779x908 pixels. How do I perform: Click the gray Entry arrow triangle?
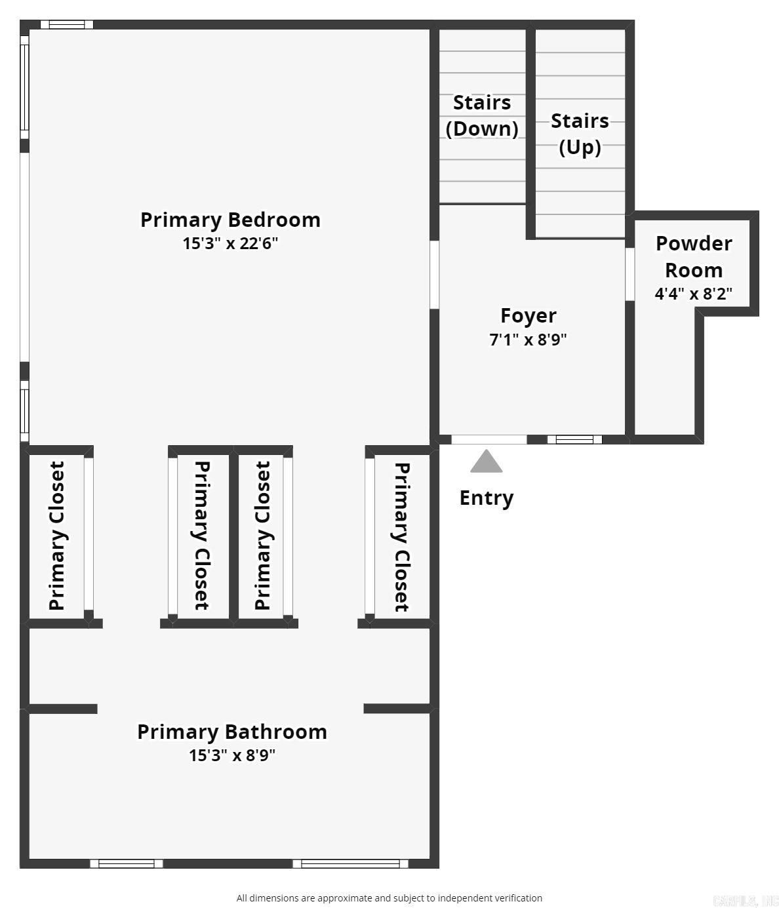[x=486, y=462]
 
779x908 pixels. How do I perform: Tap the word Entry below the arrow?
[x=486, y=498]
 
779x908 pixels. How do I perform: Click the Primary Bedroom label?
[x=230, y=220]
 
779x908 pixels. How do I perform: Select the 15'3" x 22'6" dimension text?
[x=230, y=243]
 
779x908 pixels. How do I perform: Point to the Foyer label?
[x=528, y=315]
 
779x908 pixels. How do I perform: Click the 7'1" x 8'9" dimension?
[x=528, y=340]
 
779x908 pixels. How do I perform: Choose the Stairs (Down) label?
[x=482, y=115]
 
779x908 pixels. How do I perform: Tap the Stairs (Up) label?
[x=580, y=134]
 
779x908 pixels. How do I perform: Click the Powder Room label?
[x=694, y=256]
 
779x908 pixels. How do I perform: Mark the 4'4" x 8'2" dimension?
[x=694, y=293]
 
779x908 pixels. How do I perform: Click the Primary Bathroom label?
[x=231, y=732]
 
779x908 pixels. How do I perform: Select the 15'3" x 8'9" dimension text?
[x=231, y=755]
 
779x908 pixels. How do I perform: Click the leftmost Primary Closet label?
[x=57, y=536]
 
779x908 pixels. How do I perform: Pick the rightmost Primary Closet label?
[x=401, y=537]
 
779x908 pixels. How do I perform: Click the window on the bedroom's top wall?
[x=67, y=25]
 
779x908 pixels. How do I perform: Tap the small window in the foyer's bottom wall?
[x=574, y=439]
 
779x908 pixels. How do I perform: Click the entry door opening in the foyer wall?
[x=489, y=439]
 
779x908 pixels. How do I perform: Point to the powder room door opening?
[x=629, y=273]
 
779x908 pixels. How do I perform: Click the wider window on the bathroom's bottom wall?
[x=350, y=863]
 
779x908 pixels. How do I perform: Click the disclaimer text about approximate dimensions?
[x=389, y=898]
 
